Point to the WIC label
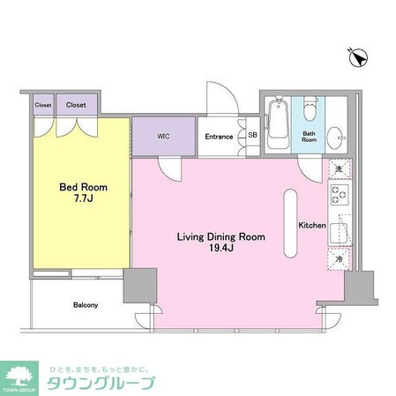pyautogui.click(x=163, y=136)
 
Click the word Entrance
pyautogui.click(x=220, y=136)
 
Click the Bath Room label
pyautogui.click(x=309, y=137)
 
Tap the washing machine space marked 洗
pyautogui.click(x=339, y=168)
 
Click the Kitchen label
pyautogui.click(x=312, y=226)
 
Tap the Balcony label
pyautogui.click(x=85, y=305)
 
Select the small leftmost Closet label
pyautogui.click(x=43, y=104)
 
